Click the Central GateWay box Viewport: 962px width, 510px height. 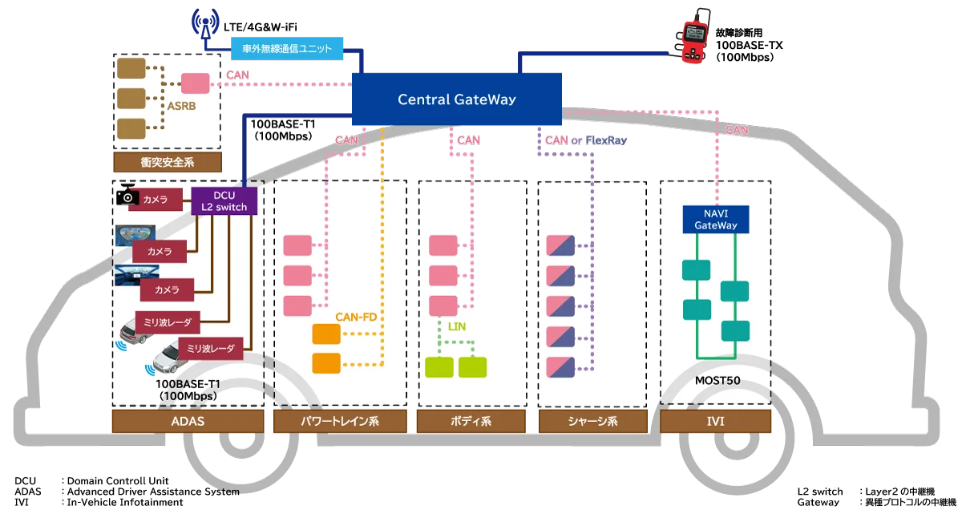(x=457, y=100)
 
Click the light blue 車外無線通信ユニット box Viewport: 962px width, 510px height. (x=287, y=47)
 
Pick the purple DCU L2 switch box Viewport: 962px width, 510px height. (x=224, y=200)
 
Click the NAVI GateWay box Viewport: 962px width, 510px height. (x=715, y=219)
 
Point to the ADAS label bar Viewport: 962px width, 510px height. (x=187, y=421)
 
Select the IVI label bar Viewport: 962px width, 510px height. (x=715, y=421)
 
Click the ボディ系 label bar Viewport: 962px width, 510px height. (x=471, y=421)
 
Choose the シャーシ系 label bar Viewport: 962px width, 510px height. (x=591, y=421)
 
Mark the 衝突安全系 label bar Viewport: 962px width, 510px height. (x=166, y=163)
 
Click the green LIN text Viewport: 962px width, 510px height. (x=456, y=326)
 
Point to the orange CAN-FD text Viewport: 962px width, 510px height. (x=356, y=318)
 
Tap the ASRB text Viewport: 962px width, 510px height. (x=180, y=105)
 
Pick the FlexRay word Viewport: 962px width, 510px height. (x=606, y=140)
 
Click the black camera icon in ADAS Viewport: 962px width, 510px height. (x=127, y=195)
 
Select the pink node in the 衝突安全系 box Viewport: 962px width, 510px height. (x=195, y=83)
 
